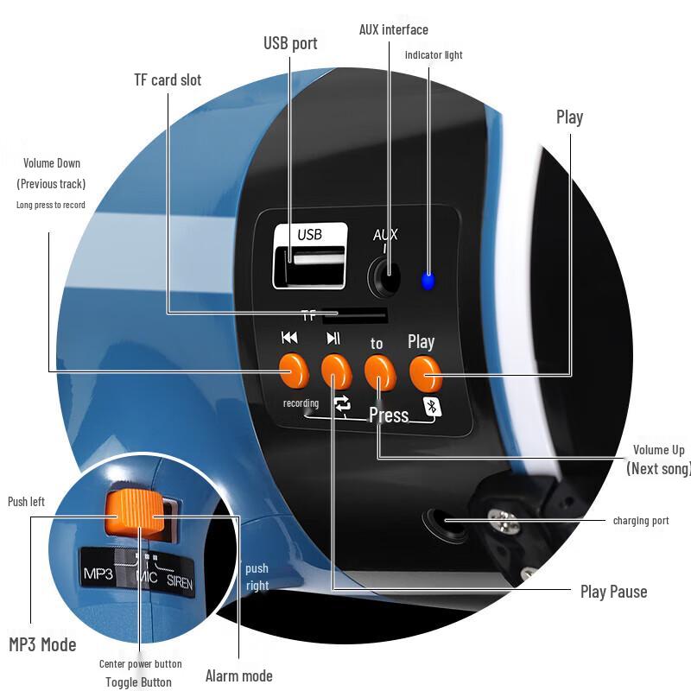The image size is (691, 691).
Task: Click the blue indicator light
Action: pos(428,280)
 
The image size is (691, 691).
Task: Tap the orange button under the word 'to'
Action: pos(378,371)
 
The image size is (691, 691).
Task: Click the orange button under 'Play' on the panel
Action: pos(425,373)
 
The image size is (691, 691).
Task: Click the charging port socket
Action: pos(444,522)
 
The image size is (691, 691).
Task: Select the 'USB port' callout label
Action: pos(290,43)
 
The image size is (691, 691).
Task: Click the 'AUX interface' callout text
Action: pos(393,29)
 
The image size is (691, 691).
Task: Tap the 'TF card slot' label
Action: pos(168,80)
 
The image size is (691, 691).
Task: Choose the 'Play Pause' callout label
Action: pos(613,592)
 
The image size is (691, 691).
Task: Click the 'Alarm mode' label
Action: pos(238,675)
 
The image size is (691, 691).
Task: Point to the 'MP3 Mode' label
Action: pos(42,644)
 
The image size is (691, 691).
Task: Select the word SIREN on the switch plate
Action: pos(180,582)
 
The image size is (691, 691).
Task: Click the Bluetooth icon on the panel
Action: pos(429,407)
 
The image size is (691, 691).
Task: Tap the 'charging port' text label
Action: pos(640,521)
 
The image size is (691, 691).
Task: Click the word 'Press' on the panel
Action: pos(389,415)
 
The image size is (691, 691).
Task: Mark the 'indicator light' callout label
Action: pos(434,55)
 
